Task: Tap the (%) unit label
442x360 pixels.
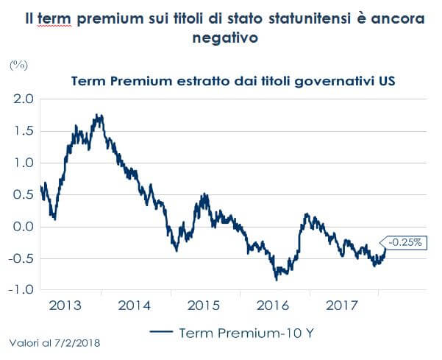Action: tap(17, 65)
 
